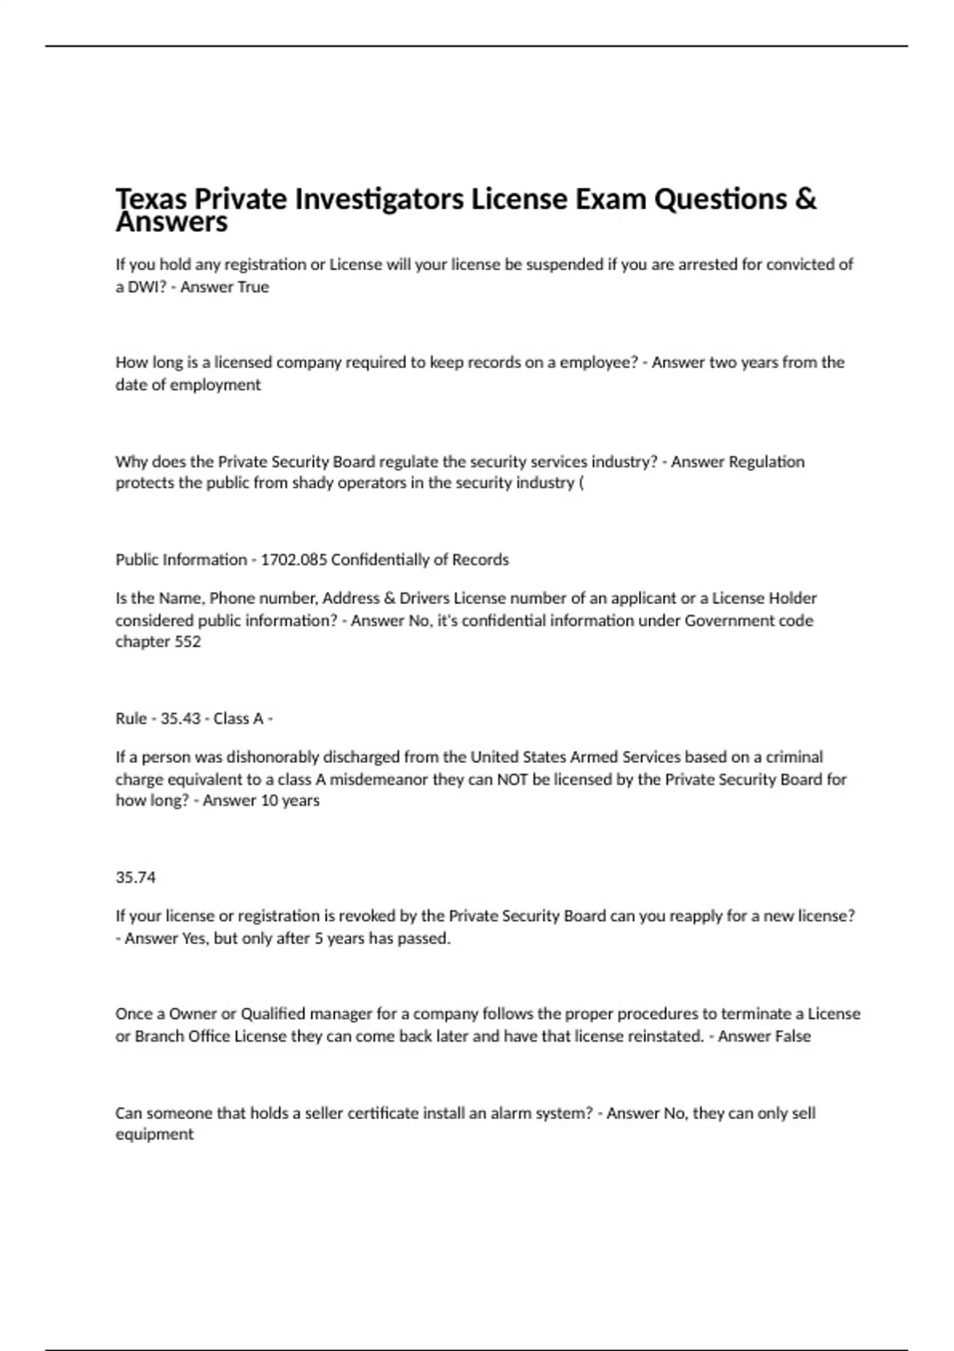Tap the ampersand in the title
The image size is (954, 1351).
tap(805, 199)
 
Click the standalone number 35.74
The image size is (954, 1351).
tap(136, 877)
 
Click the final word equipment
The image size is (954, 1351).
tap(154, 1135)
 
